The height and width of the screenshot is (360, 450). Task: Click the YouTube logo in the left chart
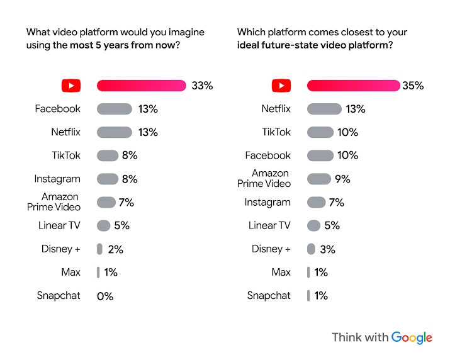point(71,86)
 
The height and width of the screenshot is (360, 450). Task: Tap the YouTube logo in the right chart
point(281,86)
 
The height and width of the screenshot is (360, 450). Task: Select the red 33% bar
point(141,86)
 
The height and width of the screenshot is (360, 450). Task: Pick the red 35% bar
point(353,86)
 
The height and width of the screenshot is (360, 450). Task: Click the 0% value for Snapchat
point(105,296)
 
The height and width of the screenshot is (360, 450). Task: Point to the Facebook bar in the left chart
point(114,109)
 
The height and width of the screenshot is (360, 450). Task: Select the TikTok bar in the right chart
point(320,132)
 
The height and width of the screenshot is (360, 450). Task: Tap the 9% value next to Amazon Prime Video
point(342,179)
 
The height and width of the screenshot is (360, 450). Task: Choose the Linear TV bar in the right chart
point(313,225)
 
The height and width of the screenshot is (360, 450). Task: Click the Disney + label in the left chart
point(60,249)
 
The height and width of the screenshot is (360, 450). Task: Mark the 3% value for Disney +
point(327,249)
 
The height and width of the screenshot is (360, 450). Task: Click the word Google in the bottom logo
point(412,337)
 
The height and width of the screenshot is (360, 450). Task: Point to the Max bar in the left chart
point(98,273)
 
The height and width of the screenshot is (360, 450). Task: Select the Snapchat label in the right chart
point(269,295)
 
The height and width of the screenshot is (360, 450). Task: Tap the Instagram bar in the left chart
point(107,179)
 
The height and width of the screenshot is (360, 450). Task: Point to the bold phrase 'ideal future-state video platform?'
point(315,45)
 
